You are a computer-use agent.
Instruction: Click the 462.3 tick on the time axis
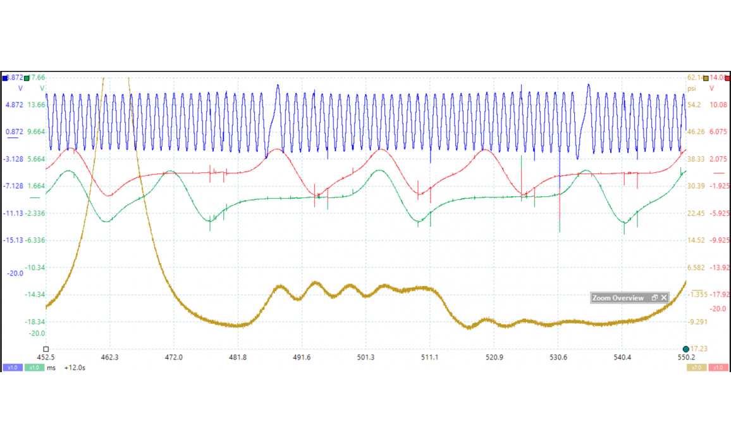[x=109, y=358]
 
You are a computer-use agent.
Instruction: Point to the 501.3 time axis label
[x=365, y=358]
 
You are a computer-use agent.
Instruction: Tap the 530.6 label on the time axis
[x=558, y=358]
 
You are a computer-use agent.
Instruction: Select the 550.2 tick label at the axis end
[x=686, y=358]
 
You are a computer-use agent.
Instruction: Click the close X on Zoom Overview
[x=664, y=297]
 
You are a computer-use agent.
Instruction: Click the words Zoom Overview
[x=618, y=297]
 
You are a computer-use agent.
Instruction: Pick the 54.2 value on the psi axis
[x=695, y=105]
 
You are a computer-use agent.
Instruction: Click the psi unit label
[x=692, y=89]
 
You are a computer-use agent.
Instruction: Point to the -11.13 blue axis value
[x=13, y=213]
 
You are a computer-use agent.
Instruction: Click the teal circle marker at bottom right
[x=686, y=349]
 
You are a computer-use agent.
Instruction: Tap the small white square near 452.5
[x=46, y=349]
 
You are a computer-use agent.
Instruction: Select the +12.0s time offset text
[x=75, y=368]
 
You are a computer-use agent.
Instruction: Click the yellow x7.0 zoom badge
[x=696, y=368]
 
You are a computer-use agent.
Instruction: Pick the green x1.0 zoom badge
[x=34, y=368]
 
